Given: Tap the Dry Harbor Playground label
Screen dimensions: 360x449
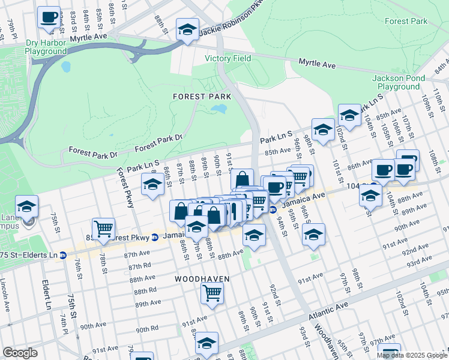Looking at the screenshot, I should pyautogui.click(x=46, y=47).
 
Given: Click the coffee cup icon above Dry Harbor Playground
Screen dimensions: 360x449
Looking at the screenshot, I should pyautogui.click(x=49, y=17).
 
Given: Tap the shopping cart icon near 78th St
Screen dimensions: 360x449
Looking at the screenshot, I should pyautogui.click(x=103, y=228).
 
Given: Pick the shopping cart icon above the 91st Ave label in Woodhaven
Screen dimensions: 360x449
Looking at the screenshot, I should pyautogui.click(x=212, y=293).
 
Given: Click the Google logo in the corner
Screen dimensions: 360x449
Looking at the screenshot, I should pyautogui.click(x=20, y=353).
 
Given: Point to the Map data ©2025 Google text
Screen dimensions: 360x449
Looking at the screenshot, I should pyautogui.click(x=412, y=355).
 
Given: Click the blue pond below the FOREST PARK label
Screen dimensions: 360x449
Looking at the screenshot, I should pyautogui.click(x=219, y=109).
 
